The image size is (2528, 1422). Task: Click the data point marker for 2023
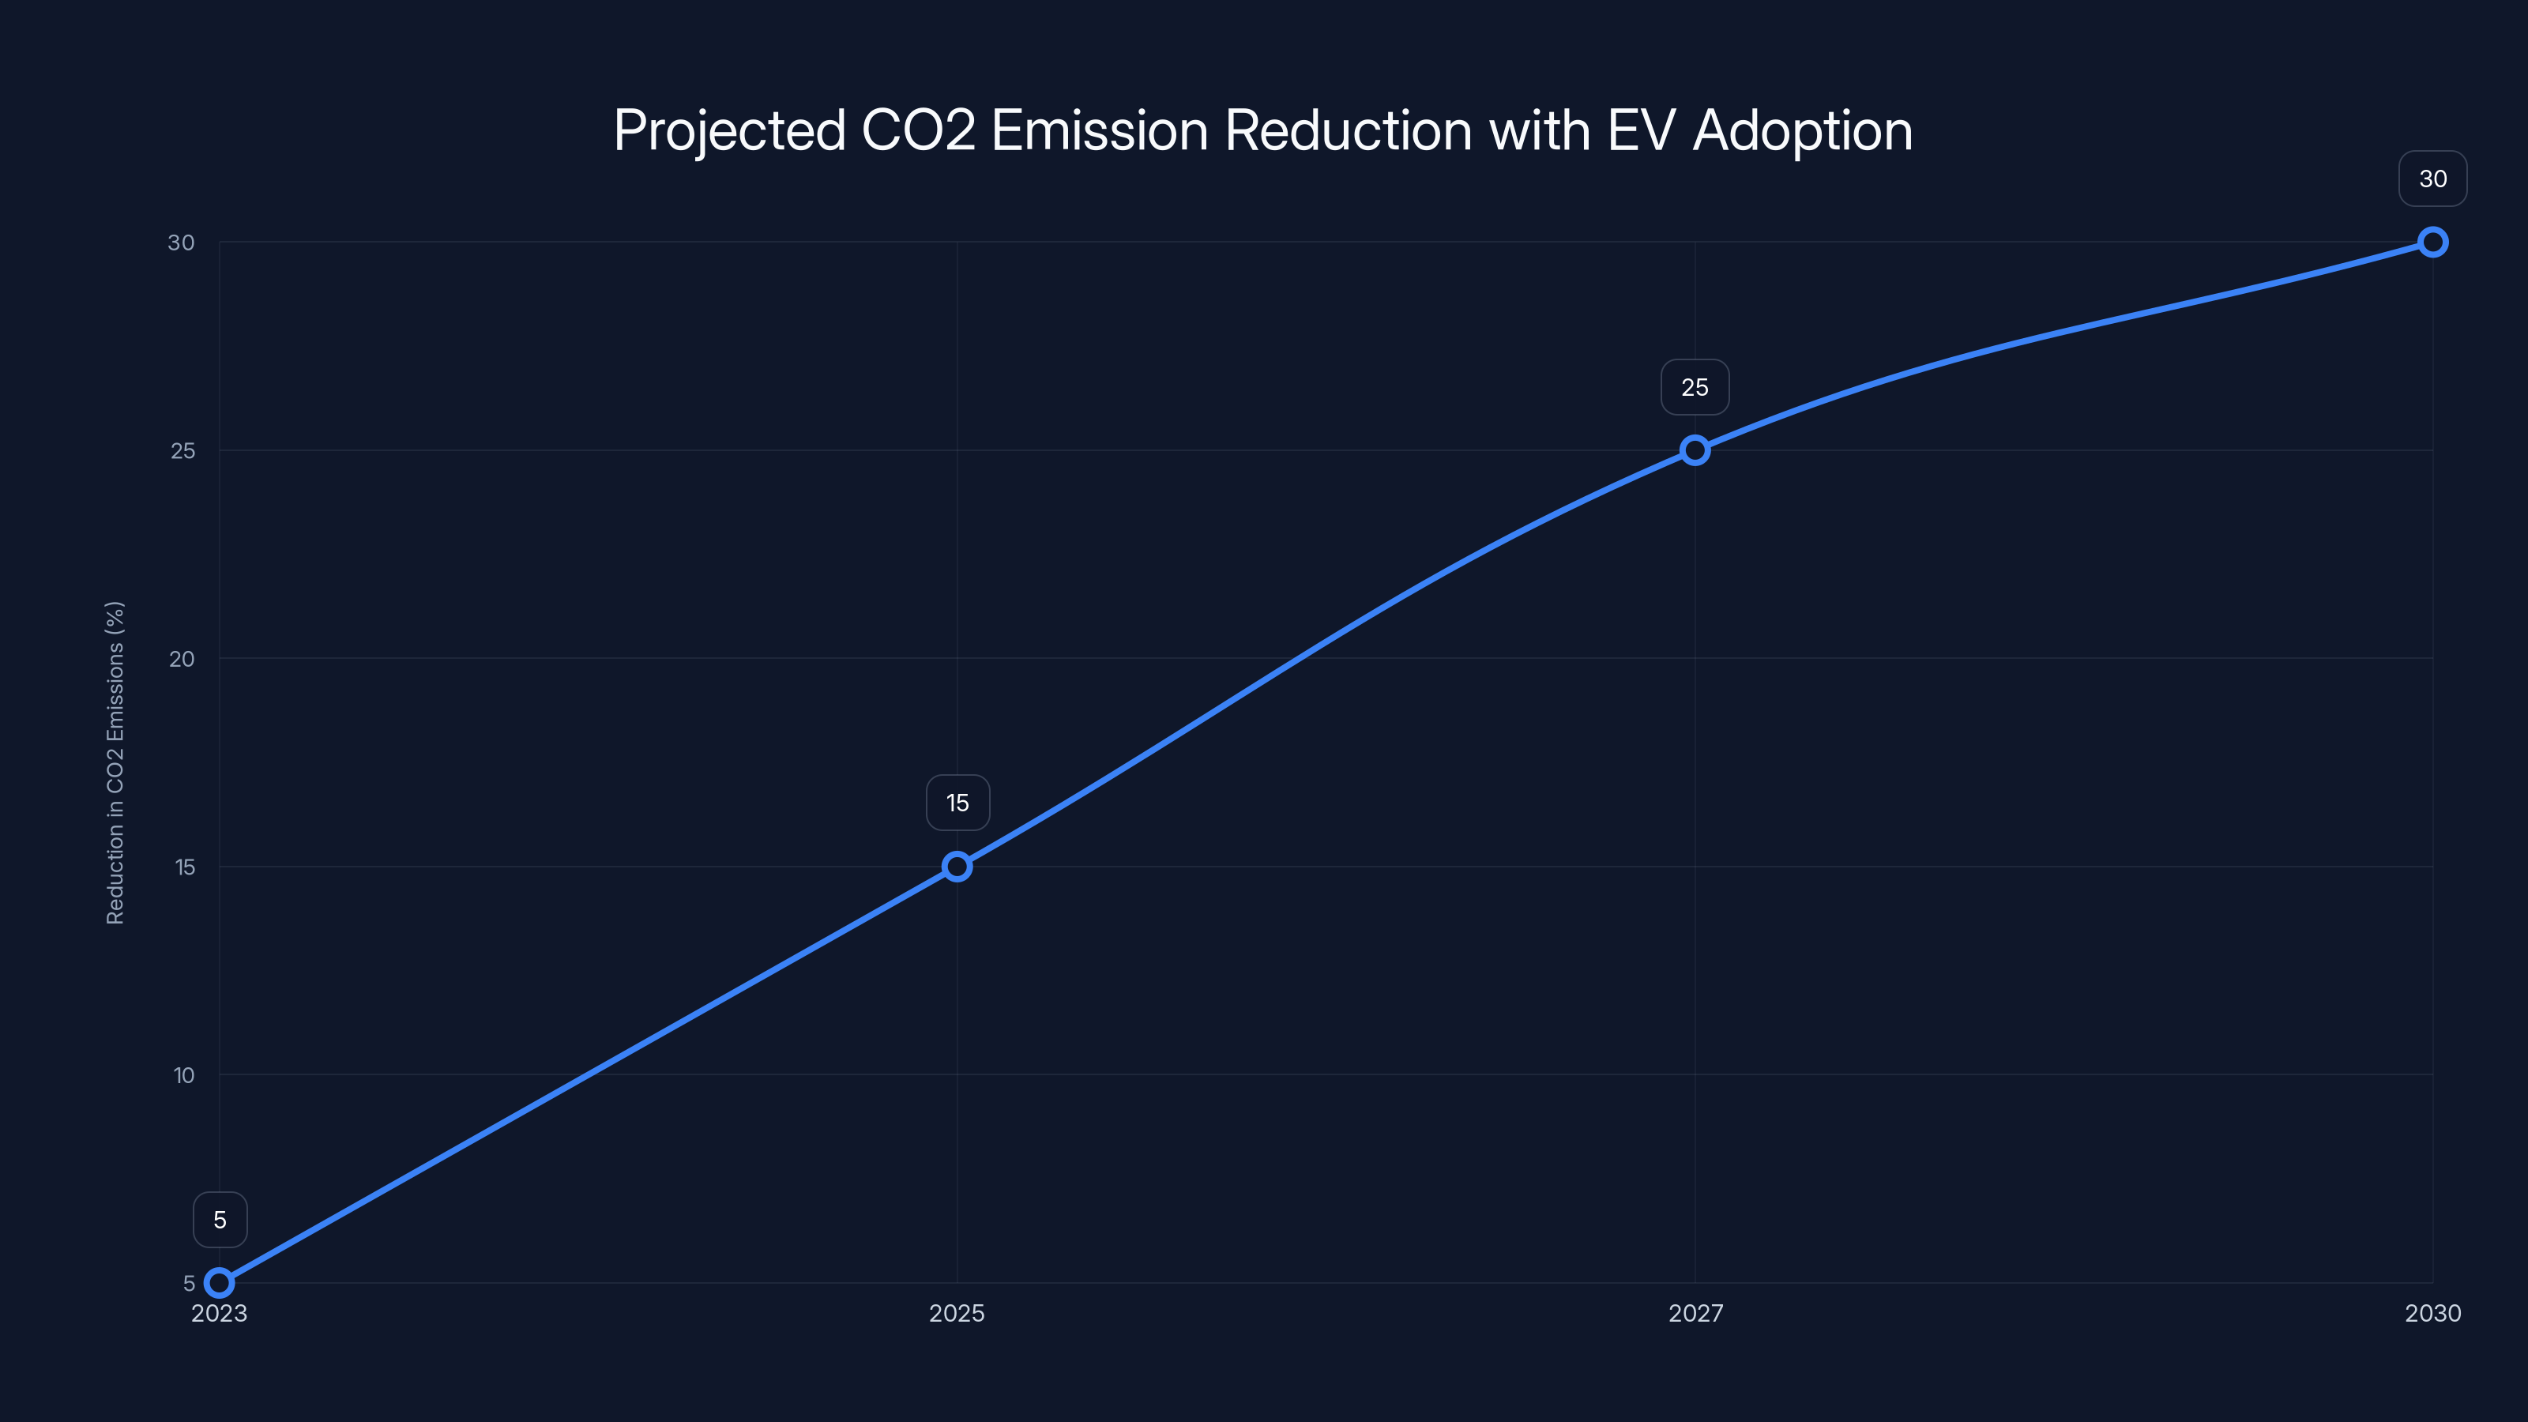[220, 1283]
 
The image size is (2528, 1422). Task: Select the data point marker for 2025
[957, 867]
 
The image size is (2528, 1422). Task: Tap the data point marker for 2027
[1695, 450]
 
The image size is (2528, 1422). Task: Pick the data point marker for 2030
[2433, 243]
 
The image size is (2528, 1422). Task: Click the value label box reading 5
[220, 1220]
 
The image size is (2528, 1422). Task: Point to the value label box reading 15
[957, 803]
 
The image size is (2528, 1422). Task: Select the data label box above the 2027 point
[1695, 388]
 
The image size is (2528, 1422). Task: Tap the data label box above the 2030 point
[2433, 179]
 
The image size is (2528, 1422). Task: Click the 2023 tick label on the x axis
[220, 1313]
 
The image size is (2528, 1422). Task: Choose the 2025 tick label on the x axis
[957, 1313]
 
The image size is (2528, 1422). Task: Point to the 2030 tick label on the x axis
[2433, 1313]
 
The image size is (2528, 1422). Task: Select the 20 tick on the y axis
[182, 659]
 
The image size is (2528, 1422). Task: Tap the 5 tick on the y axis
[190, 1284]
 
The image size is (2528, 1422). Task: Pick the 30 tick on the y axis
[182, 243]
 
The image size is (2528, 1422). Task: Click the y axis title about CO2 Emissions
[115, 762]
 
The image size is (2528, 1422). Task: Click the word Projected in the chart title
[729, 131]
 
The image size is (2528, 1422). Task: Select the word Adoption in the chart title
[1803, 131]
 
